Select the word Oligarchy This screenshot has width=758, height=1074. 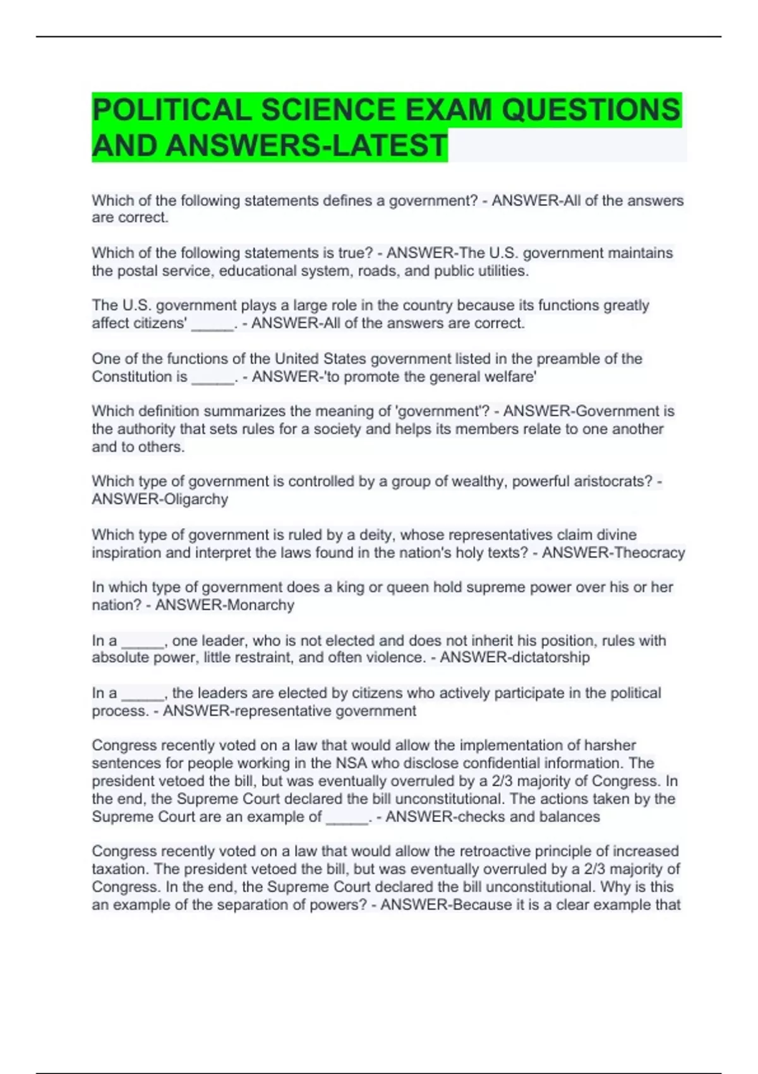tap(195, 499)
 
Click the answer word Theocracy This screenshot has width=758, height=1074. tap(649, 553)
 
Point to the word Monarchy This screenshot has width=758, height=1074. tap(260, 605)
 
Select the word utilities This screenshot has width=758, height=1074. tap(500, 271)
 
